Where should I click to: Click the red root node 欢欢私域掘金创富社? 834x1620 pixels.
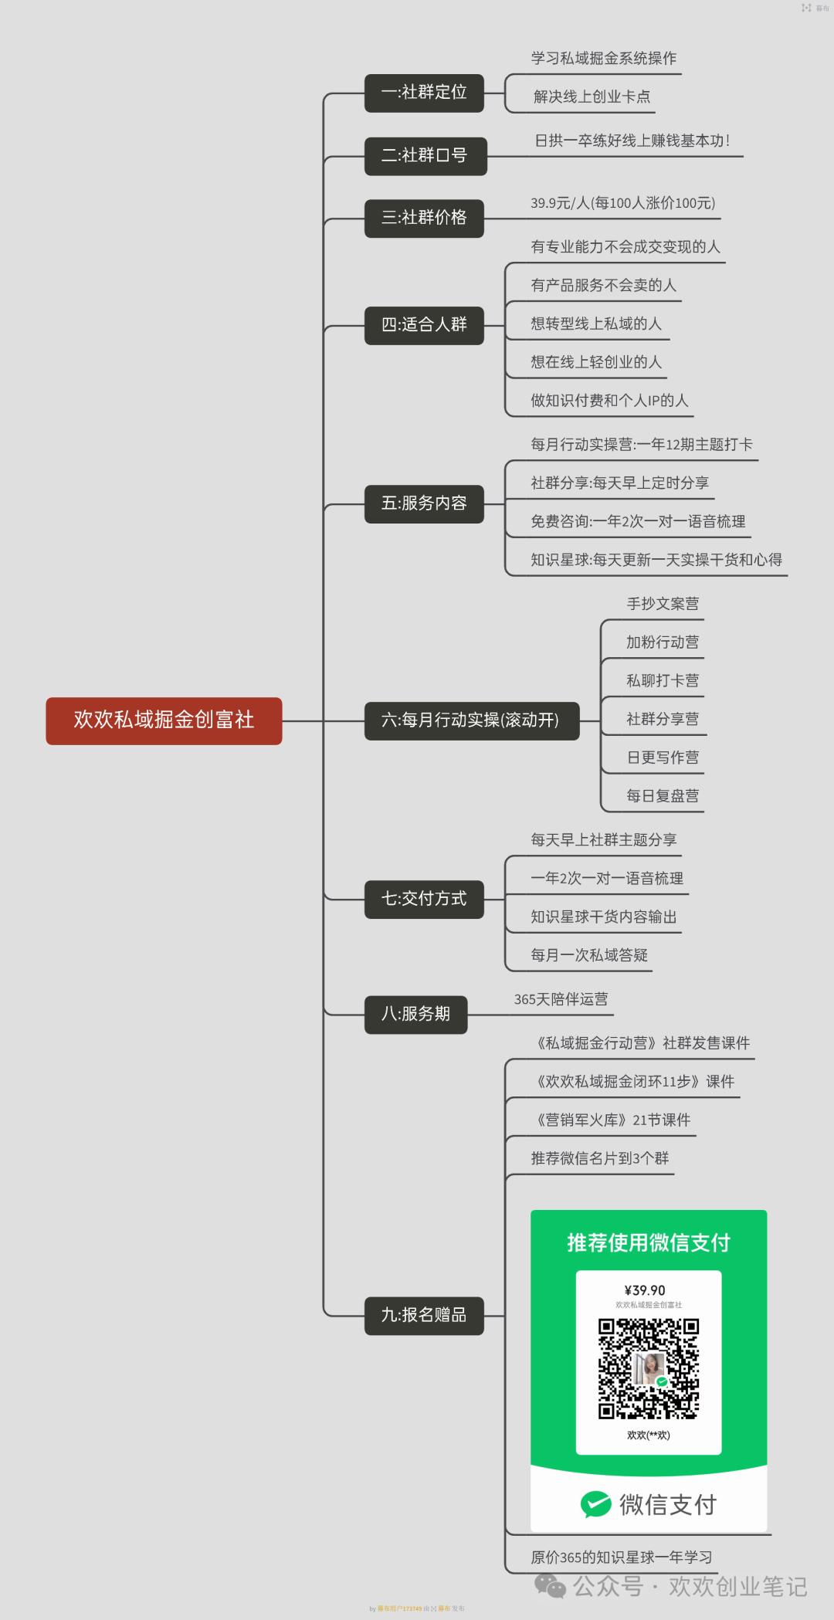[x=164, y=720]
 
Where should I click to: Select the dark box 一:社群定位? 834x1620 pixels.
[x=424, y=93]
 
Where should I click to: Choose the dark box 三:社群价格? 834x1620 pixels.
[x=424, y=218]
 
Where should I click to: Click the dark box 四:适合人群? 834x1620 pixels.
[x=424, y=324]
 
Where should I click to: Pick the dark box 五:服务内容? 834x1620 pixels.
[x=424, y=503]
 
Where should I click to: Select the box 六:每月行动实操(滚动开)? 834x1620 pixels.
[x=471, y=720]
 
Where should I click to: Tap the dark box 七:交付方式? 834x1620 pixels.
[x=424, y=899]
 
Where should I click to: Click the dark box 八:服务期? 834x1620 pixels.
[x=415, y=1014]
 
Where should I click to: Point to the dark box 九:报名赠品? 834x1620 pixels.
[x=424, y=1315]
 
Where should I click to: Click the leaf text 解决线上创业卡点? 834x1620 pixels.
[x=592, y=97]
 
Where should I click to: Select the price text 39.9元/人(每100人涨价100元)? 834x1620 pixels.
[x=622, y=203]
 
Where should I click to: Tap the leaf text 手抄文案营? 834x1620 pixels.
[x=663, y=604]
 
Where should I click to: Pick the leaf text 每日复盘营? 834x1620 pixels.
[x=663, y=795]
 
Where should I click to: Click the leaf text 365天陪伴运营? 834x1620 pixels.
[x=561, y=999]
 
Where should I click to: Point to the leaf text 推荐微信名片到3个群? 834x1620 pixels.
[x=600, y=1158]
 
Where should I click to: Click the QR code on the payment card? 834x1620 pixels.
[x=649, y=1368]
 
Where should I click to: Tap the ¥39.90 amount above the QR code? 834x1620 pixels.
[x=645, y=1290]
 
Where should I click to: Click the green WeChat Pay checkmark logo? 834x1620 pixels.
[x=595, y=1504]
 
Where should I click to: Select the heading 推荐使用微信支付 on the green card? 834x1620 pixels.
[x=649, y=1242]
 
